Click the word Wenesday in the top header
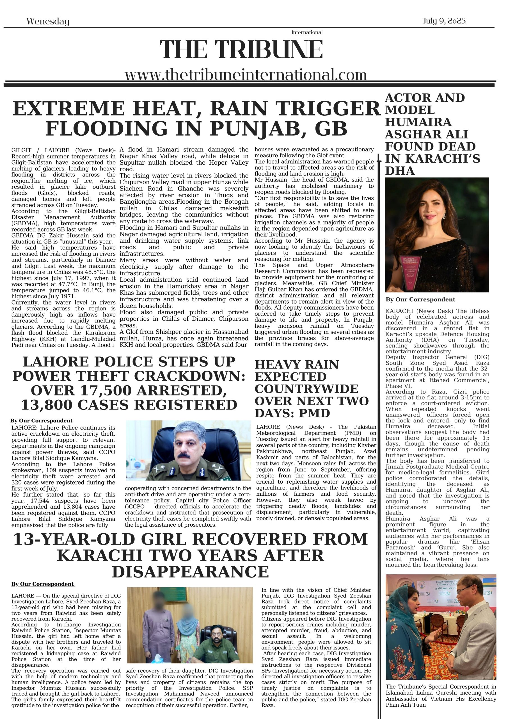pyautogui.click(x=48, y=21)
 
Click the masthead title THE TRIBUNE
pyautogui.click(x=241, y=49)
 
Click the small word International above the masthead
pyautogui.click(x=307, y=32)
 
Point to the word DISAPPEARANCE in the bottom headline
pyautogui.click(x=190, y=572)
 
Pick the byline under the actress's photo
pyautogui.click(x=421, y=300)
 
